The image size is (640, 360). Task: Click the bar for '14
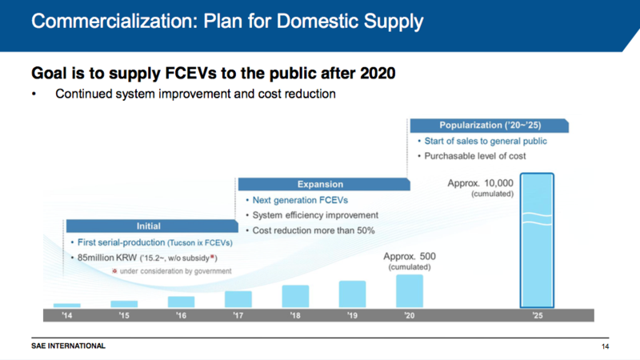66,305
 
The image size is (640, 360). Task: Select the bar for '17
238,299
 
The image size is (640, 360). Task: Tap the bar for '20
409,291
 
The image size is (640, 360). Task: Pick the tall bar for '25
537,241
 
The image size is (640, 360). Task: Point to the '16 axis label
182,315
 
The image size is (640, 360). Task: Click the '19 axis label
353,315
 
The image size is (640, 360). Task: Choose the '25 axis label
537,315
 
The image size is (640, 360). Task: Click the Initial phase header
149,226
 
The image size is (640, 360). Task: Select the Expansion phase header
320,184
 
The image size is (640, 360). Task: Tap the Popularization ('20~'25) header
490,126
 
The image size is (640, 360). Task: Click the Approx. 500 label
410,257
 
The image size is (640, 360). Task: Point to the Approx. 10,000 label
481,184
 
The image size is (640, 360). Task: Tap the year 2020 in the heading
373,73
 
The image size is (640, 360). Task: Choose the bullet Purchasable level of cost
480,155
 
